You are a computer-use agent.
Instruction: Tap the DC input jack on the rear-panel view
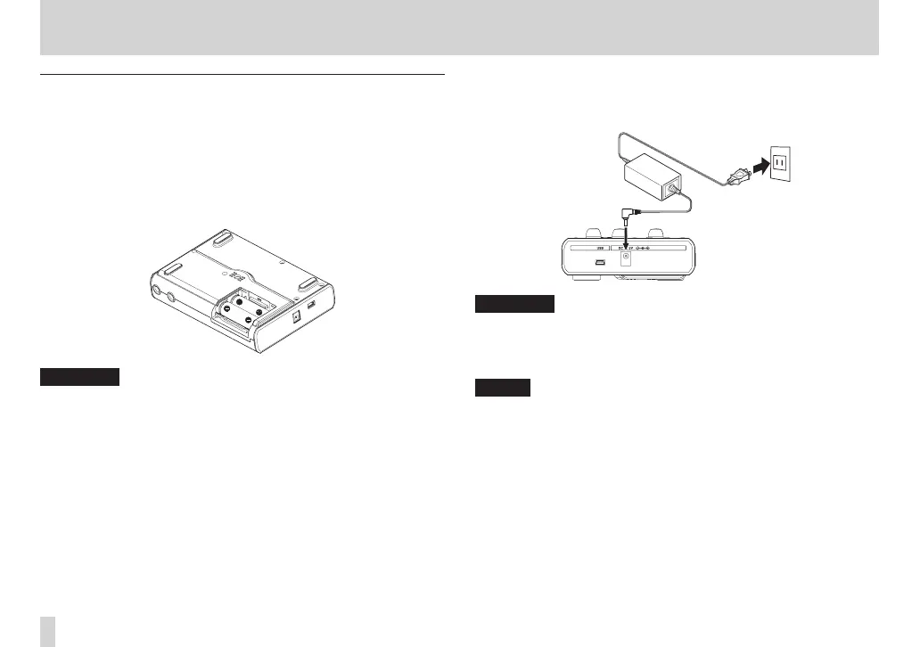point(628,259)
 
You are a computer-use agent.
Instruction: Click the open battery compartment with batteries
point(244,307)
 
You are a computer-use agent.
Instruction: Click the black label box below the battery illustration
point(79,377)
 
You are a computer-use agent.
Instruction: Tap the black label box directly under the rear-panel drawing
point(514,305)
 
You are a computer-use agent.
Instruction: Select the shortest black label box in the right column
point(502,388)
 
